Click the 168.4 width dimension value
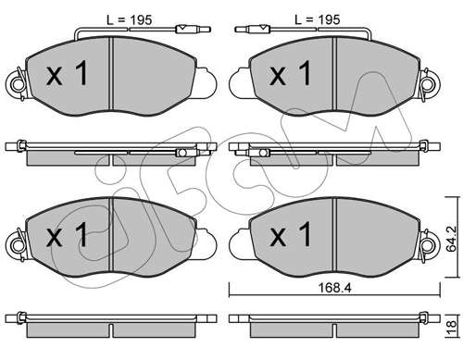pos(335,288)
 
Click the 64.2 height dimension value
pos(452,239)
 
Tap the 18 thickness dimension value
pos(452,325)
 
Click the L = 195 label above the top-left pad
pos(130,20)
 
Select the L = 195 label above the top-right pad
pos(318,19)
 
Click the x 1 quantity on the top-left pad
pos(67,73)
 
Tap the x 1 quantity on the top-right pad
pos(290,73)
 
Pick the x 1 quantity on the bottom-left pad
pos(67,235)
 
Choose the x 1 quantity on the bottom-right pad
pos(290,235)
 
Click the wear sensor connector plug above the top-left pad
pos(193,30)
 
